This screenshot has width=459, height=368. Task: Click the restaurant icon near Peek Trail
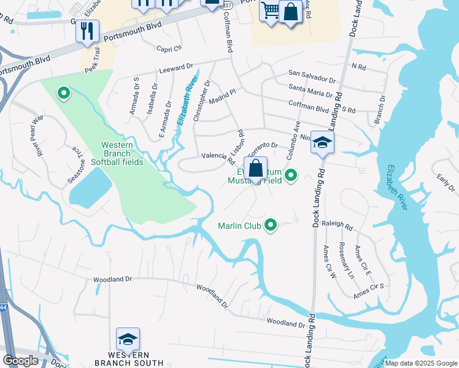tap(87, 30)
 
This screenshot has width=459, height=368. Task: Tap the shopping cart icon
tap(269, 10)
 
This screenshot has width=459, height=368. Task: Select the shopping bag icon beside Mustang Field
tap(256, 167)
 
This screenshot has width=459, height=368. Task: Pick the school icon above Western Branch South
tap(128, 339)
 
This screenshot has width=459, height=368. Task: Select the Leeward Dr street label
tap(176, 67)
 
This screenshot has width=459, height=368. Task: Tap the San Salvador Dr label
tap(312, 80)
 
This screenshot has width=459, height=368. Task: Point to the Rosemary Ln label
tap(346, 260)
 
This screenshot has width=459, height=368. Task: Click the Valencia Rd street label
tap(219, 158)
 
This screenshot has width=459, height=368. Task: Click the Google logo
tap(20, 361)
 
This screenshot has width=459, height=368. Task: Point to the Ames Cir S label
tap(368, 291)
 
